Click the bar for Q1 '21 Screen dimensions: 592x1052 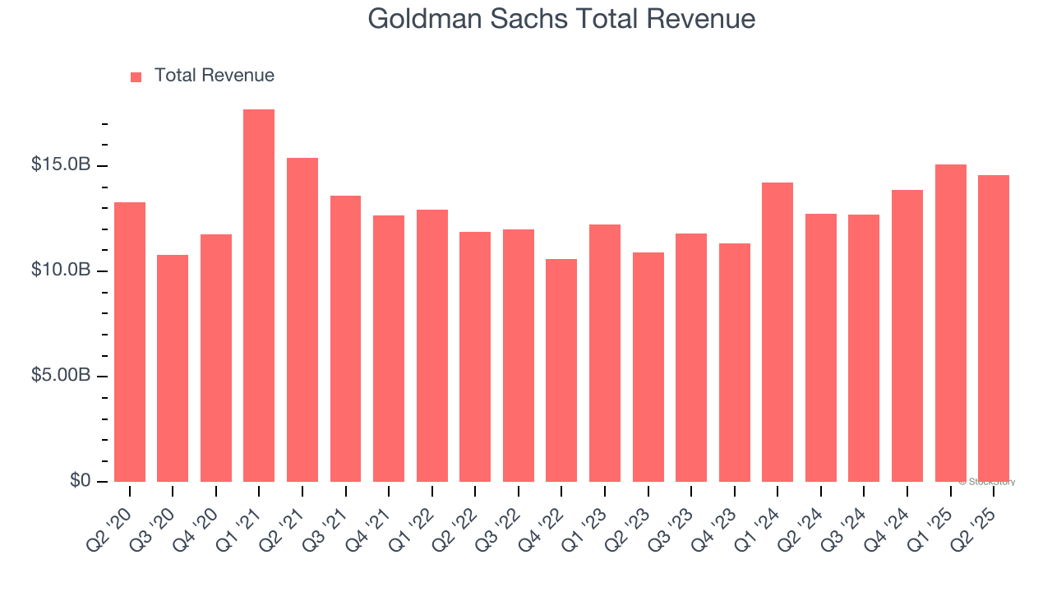coord(259,296)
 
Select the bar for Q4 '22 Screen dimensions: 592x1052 coord(561,370)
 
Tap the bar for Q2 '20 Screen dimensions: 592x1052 coord(130,342)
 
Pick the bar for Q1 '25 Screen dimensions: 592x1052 coord(950,323)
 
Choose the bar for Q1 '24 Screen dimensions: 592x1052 coord(777,332)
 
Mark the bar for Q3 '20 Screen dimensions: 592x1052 coord(173,368)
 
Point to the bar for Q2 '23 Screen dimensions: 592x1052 coord(648,367)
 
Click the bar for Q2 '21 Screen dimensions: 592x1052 coord(302,320)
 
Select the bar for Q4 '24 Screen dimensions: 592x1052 coord(907,335)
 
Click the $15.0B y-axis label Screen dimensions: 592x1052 coord(61,165)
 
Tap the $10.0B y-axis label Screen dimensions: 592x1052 coord(61,271)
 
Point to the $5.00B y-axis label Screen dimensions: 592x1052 coord(61,376)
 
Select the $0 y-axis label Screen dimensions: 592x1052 coord(80,481)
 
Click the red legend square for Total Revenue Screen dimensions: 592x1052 coord(136,77)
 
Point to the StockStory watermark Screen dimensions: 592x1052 coord(987,482)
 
